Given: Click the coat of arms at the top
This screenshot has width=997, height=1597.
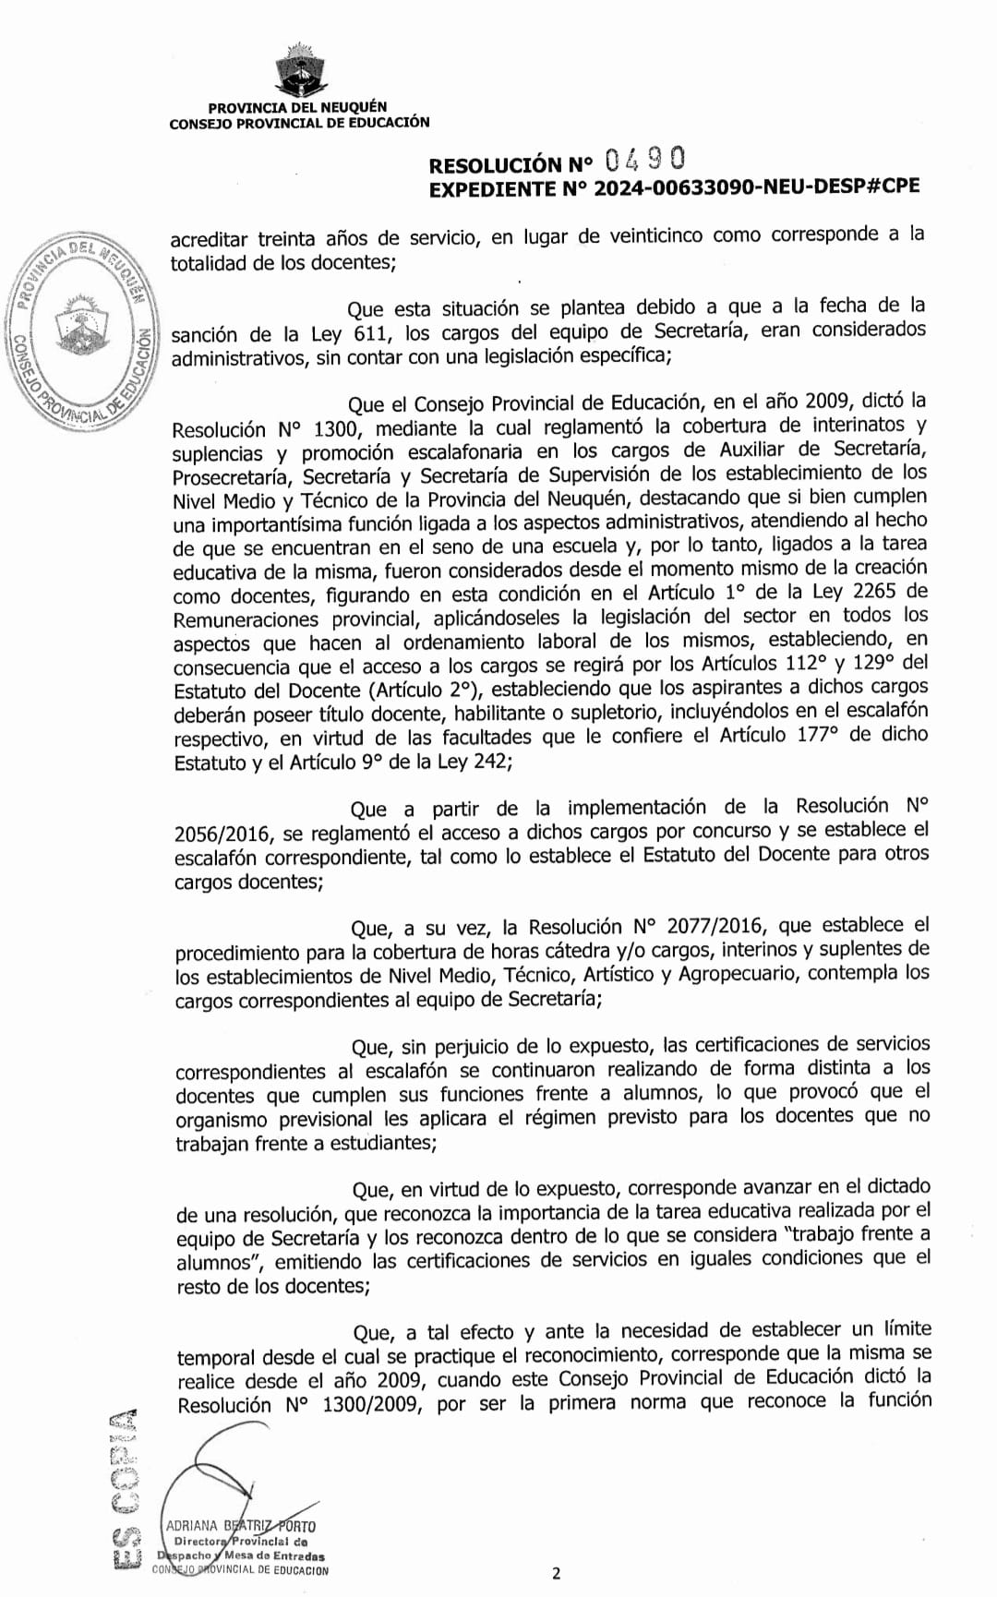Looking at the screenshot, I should click(x=297, y=70).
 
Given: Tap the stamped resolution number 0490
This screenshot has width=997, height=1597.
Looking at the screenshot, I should click(x=645, y=161).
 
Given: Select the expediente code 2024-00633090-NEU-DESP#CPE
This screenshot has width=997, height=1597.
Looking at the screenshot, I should click(x=756, y=186).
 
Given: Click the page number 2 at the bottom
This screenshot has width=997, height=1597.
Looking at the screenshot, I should click(x=556, y=1574).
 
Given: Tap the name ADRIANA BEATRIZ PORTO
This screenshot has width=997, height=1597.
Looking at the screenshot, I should click(x=240, y=1526).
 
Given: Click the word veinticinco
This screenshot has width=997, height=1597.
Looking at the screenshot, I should click(x=641, y=236).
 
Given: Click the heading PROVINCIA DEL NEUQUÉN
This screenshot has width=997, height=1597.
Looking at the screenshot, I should click(x=297, y=108).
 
